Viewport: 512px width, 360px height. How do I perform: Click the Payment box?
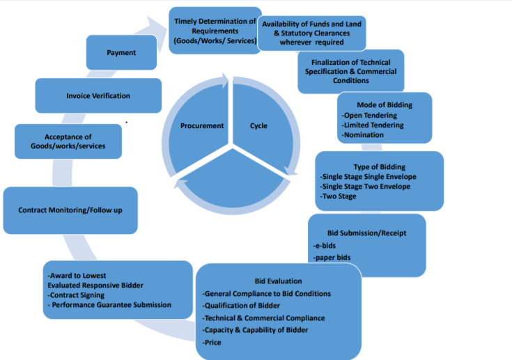(121, 53)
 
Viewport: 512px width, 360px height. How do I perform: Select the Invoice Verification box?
(98, 95)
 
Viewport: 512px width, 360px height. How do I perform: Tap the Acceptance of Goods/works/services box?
(68, 141)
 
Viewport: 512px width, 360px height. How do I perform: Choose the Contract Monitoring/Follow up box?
(70, 210)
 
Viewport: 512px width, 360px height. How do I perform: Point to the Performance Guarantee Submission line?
(110, 305)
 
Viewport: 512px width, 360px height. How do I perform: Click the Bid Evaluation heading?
(278, 281)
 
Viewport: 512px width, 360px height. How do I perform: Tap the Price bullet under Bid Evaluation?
(212, 343)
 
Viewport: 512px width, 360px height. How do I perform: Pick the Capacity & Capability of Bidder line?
(256, 330)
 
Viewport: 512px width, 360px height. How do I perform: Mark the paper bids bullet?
(332, 258)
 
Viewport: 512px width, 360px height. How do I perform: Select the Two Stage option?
(339, 196)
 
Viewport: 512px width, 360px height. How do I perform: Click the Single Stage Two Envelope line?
(366, 187)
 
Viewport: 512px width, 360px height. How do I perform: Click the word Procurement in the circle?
(202, 126)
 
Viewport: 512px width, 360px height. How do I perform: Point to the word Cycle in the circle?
(258, 126)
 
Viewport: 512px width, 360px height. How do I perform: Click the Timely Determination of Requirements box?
(215, 31)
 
